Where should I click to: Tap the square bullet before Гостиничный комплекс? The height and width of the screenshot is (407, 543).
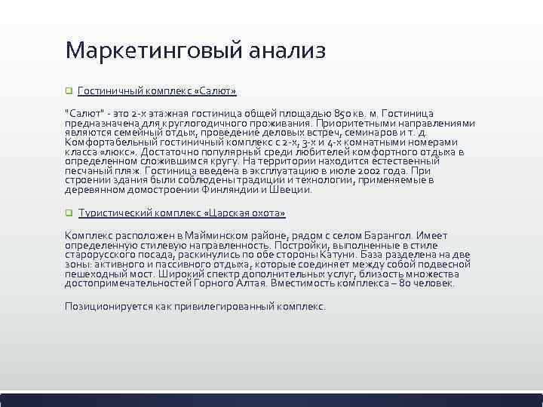click(x=68, y=91)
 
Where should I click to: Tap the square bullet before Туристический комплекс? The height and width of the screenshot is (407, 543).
click(x=68, y=214)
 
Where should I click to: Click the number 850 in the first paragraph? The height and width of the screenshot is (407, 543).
click(x=344, y=113)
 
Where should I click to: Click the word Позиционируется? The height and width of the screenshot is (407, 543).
click(x=105, y=307)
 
